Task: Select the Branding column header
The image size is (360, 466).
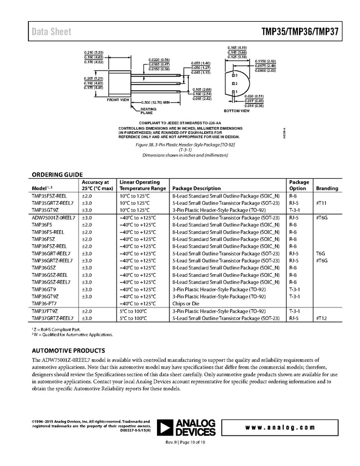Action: (x=327, y=188)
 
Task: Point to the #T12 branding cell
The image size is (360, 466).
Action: (x=322, y=317)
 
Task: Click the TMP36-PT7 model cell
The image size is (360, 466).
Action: (x=45, y=303)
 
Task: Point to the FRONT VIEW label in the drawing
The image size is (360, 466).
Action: (x=118, y=99)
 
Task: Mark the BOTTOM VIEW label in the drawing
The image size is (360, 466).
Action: (x=236, y=110)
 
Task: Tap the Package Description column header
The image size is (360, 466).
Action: (x=196, y=188)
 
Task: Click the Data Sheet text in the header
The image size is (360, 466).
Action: (x=51, y=32)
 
